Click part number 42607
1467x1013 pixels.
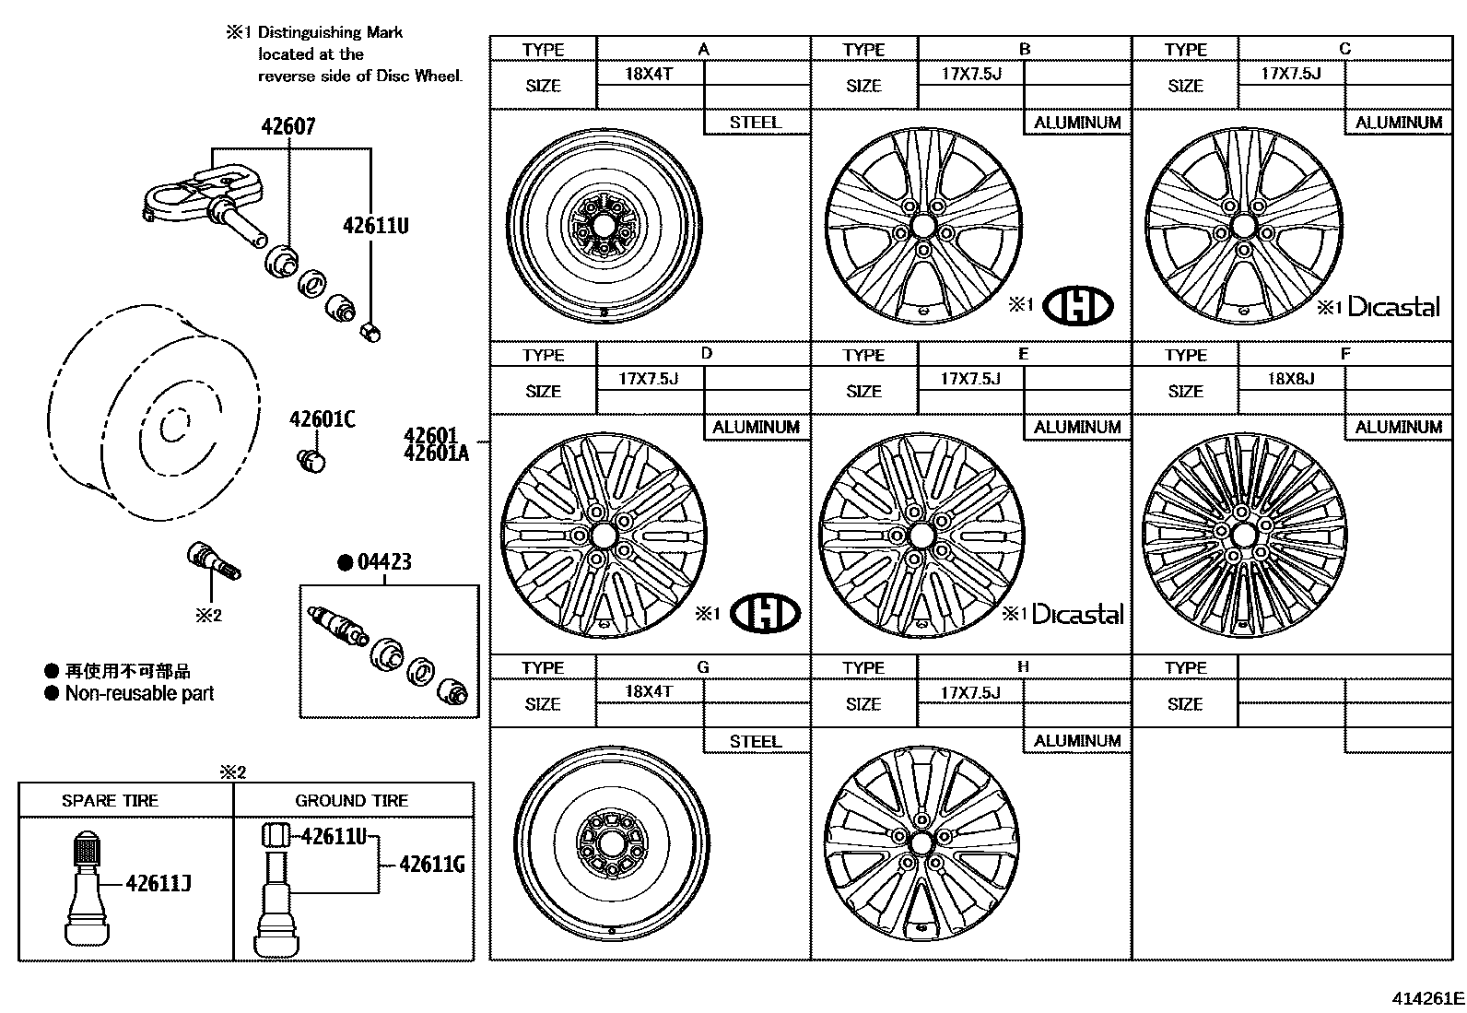288,126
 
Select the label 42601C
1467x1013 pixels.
322,419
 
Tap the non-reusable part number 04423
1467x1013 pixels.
383,561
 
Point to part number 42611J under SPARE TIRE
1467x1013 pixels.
158,883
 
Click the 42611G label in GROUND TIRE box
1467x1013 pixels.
432,864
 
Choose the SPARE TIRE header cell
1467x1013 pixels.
110,800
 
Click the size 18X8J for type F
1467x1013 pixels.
1290,378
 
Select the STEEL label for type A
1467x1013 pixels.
755,122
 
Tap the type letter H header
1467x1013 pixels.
1023,666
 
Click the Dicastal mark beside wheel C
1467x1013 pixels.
1392,307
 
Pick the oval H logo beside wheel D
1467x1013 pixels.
765,613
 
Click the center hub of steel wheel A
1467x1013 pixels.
603,225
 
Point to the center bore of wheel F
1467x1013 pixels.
1243,534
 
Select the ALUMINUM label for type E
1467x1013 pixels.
1076,427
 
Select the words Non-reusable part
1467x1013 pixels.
139,693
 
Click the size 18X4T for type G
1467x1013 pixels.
648,691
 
